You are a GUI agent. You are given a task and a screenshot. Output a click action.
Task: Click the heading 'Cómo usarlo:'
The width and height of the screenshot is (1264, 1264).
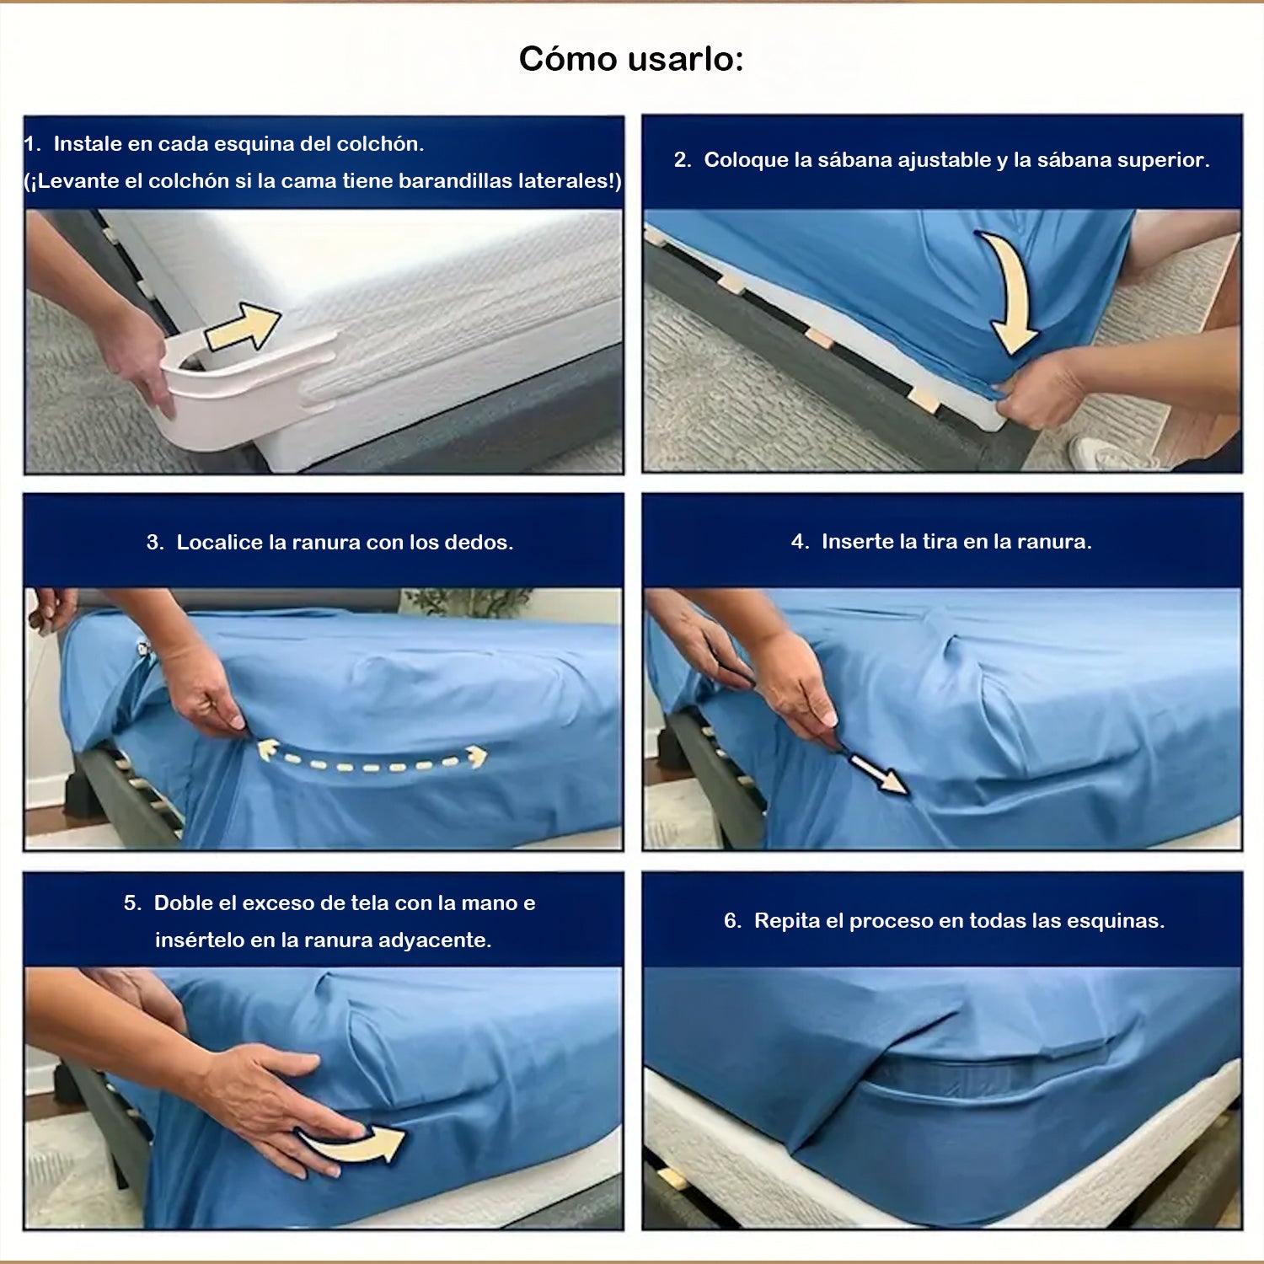pyautogui.click(x=631, y=59)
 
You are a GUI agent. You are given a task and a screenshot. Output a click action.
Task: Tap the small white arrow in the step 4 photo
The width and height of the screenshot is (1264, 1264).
pyautogui.click(x=877, y=774)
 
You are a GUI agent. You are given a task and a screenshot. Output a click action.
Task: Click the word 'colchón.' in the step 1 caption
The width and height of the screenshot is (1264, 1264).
pyautogui.click(x=380, y=144)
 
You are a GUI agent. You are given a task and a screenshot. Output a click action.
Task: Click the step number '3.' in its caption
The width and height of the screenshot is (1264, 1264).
pyautogui.click(x=155, y=543)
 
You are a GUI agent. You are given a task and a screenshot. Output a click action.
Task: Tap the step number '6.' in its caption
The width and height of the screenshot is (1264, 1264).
pyautogui.click(x=733, y=921)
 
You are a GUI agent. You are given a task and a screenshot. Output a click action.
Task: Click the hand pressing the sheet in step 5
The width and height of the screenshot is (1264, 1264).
pyautogui.click(x=278, y=1104)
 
